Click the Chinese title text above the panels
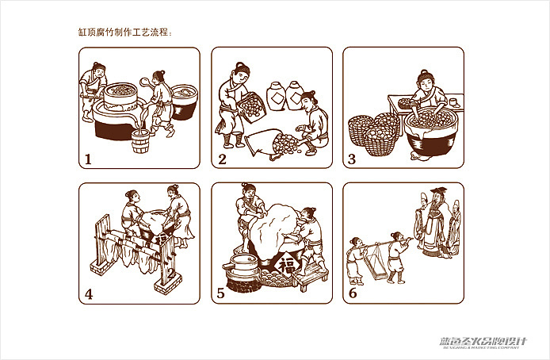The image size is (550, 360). coord(125,33)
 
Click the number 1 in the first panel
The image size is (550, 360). coord(88,159)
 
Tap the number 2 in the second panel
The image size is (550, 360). coord(222,159)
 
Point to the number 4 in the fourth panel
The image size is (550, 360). coord(89,294)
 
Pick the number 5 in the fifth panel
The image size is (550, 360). coord(221,294)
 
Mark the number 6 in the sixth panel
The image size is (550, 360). coord(353,294)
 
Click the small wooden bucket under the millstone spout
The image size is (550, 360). coord(141,144)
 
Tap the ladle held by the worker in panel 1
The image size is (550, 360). coord(146,79)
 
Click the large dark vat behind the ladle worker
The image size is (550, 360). coord(183,99)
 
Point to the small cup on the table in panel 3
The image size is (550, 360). coord(453,101)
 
